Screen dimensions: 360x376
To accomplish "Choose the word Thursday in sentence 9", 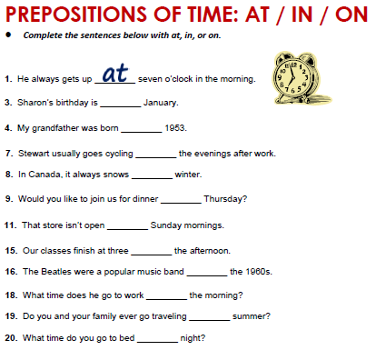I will tap(223, 198).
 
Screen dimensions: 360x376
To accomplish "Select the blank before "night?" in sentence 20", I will tap(157, 338).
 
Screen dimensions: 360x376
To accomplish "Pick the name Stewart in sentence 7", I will tap(37, 153).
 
